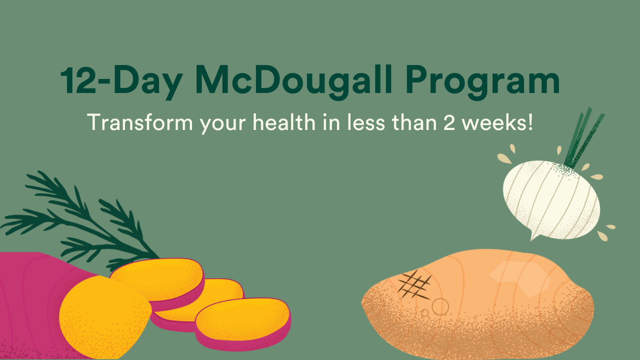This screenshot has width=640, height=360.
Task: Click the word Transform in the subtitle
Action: [140, 122]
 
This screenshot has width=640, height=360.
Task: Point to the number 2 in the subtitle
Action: [449, 123]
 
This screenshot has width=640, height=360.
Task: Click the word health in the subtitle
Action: [283, 122]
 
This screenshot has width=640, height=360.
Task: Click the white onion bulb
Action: [551, 200]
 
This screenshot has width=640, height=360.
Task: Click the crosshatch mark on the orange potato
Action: [414, 285]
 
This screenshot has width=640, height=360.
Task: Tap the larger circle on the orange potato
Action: [440, 306]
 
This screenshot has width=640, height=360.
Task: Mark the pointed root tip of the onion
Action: [531, 240]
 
